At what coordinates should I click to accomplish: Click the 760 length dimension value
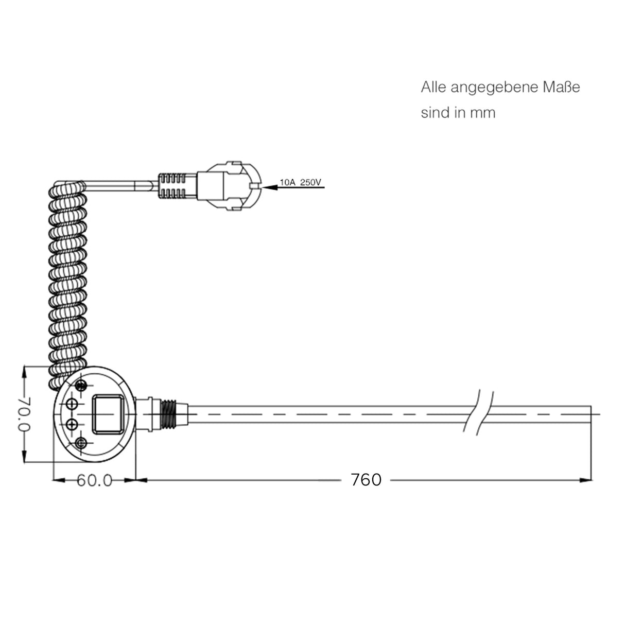point(366,480)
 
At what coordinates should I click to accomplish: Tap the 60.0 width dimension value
point(94,480)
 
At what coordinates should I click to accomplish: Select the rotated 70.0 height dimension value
point(24,415)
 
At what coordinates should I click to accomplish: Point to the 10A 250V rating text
point(300,182)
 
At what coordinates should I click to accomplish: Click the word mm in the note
point(482,113)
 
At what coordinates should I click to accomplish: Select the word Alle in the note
point(433,88)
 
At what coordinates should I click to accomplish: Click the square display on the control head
point(107,413)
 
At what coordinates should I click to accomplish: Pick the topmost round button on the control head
point(81,386)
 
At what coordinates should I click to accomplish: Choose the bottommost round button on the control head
point(80,443)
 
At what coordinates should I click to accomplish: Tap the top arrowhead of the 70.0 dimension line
point(24,372)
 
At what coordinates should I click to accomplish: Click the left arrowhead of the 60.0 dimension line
point(59,480)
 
